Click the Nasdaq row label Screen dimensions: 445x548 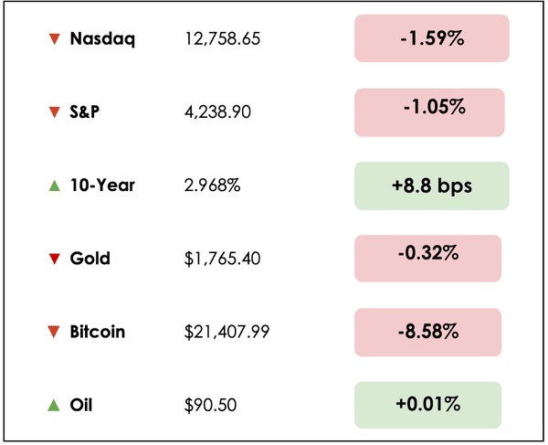[x=102, y=38]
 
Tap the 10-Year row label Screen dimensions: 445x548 [x=102, y=185]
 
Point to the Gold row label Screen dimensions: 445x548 [x=90, y=259]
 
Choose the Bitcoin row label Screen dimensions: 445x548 [x=98, y=332]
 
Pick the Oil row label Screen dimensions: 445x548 [x=83, y=405]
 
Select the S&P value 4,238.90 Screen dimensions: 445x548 [x=218, y=111]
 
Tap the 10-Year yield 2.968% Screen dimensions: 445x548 [x=213, y=185]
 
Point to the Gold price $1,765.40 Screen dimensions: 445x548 [x=223, y=259]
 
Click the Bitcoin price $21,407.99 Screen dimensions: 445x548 [x=227, y=332]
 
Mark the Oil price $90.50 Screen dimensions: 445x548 [x=207, y=405]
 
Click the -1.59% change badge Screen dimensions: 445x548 [x=431, y=38]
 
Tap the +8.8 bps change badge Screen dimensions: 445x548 [x=431, y=185]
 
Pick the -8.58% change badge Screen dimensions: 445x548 [x=427, y=332]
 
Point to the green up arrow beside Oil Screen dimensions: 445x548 [x=54, y=405]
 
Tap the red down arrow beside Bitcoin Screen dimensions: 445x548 [x=54, y=332]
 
